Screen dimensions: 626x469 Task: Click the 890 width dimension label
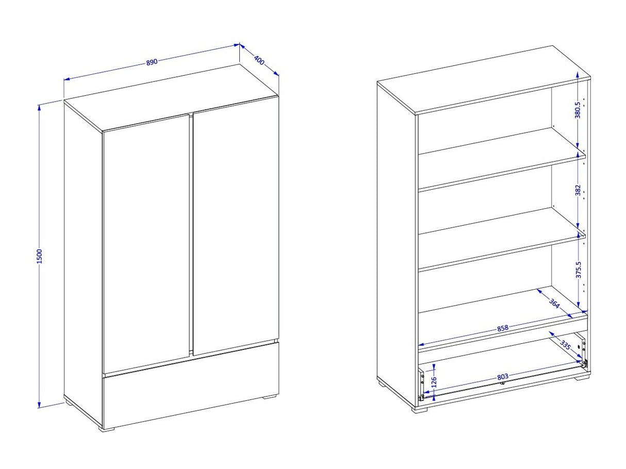click(x=152, y=62)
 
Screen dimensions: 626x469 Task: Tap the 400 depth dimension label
click(x=259, y=60)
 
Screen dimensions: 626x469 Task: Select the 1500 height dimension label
click(x=40, y=257)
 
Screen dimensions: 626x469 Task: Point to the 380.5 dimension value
click(x=578, y=110)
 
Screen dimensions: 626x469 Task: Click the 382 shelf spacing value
click(x=578, y=190)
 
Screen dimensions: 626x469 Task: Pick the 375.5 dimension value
click(x=578, y=270)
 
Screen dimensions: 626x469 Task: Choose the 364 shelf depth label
click(x=554, y=304)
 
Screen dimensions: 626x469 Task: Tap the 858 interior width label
click(x=503, y=328)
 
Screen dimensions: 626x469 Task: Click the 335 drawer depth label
click(x=565, y=345)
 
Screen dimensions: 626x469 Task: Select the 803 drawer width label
click(x=503, y=377)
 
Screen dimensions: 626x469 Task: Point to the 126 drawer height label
click(x=434, y=382)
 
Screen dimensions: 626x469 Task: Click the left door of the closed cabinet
click(x=146, y=244)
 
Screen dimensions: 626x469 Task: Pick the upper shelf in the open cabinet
click(x=502, y=158)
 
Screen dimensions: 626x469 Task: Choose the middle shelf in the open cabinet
click(x=502, y=238)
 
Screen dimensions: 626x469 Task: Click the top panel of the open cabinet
click(x=484, y=80)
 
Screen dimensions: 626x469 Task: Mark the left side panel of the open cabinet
click(x=396, y=245)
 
